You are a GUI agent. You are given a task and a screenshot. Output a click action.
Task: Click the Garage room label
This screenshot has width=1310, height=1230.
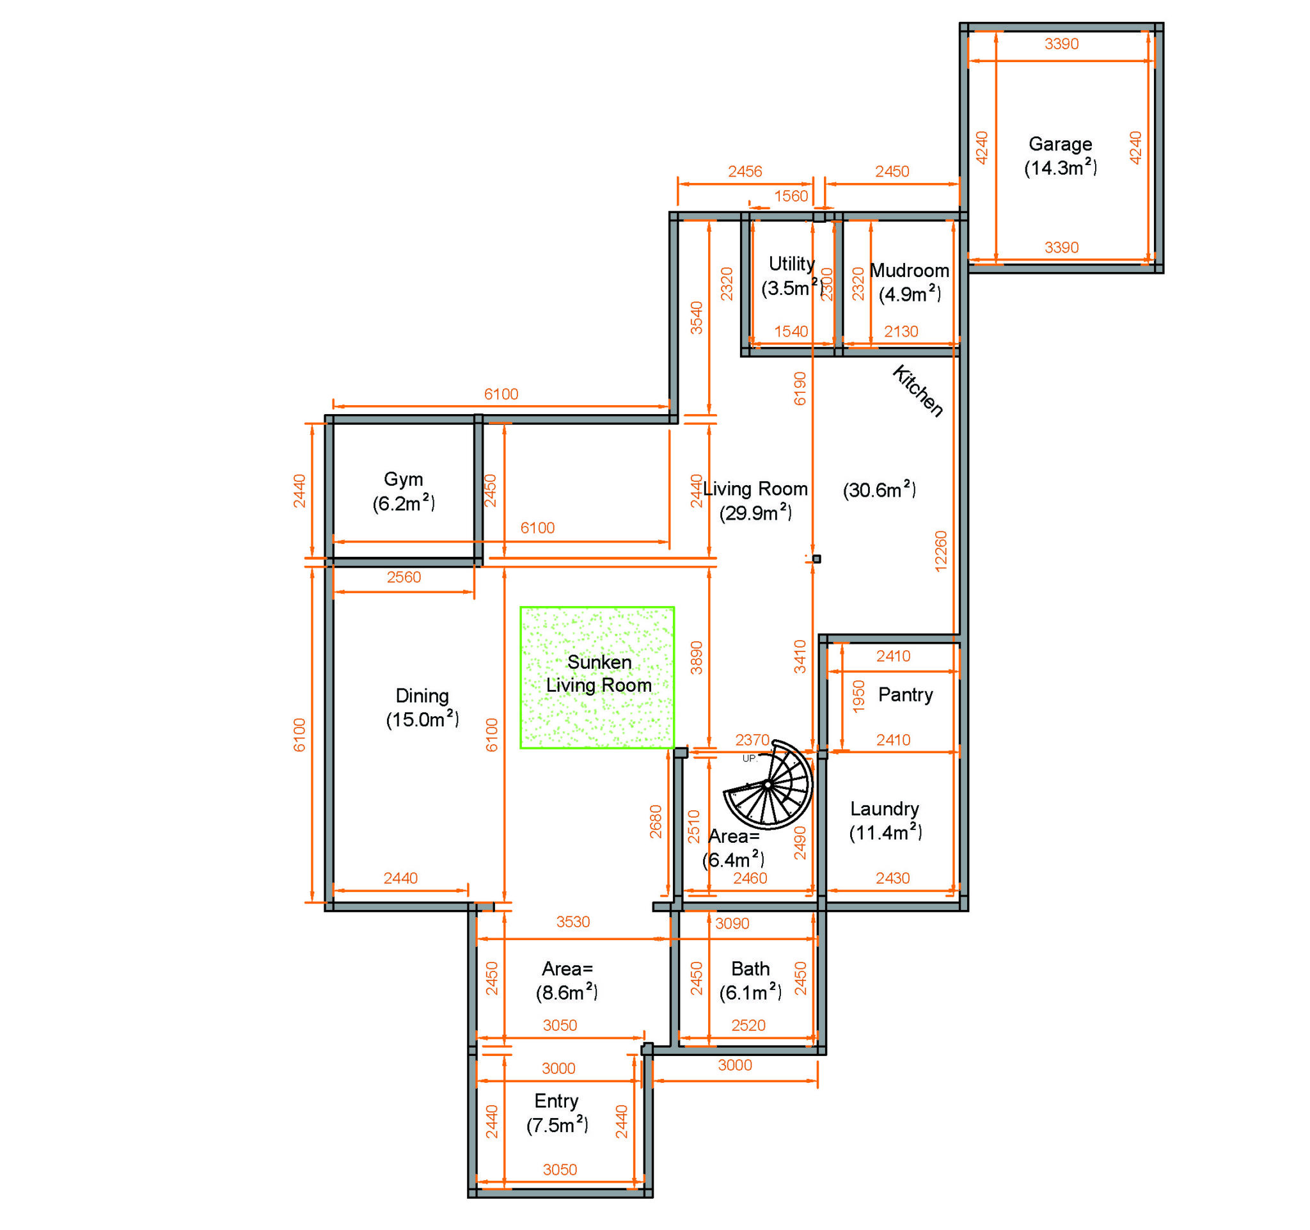point(1060,144)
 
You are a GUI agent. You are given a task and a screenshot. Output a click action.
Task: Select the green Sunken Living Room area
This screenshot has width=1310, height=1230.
point(597,677)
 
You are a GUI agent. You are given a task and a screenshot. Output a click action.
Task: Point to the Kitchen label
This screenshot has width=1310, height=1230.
point(917,391)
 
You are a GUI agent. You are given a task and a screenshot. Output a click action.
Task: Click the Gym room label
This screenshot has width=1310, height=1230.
point(403,479)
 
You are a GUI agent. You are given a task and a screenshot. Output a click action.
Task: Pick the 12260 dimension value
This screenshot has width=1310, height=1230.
point(940,550)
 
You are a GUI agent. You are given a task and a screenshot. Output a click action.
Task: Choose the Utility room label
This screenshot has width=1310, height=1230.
point(791,264)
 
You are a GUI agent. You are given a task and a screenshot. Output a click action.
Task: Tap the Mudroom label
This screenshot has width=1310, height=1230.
point(910,270)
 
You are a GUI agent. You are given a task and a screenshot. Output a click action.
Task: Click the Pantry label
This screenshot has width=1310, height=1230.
point(905,694)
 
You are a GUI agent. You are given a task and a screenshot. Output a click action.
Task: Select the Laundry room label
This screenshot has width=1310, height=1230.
point(885,808)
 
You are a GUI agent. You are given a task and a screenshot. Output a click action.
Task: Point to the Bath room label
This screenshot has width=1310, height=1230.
point(750,968)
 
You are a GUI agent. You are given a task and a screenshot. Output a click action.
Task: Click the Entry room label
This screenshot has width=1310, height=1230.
point(556,1100)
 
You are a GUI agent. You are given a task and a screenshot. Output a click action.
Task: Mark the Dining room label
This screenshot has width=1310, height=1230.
point(422,696)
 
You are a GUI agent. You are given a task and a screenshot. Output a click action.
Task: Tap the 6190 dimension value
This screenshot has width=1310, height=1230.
point(800,388)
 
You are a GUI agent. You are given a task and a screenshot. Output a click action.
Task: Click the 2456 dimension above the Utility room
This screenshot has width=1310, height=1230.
point(745,172)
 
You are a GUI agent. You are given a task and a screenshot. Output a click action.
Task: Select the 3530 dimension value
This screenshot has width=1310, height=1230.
point(572,922)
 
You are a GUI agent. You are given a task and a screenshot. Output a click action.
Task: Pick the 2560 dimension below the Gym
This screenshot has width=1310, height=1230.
point(403,577)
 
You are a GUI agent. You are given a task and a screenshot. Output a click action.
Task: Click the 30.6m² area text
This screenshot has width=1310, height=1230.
point(879,490)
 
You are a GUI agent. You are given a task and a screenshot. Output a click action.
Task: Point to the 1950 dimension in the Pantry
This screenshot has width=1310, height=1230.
point(858,696)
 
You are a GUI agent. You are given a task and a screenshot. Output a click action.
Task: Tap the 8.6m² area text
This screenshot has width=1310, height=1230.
point(567,993)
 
